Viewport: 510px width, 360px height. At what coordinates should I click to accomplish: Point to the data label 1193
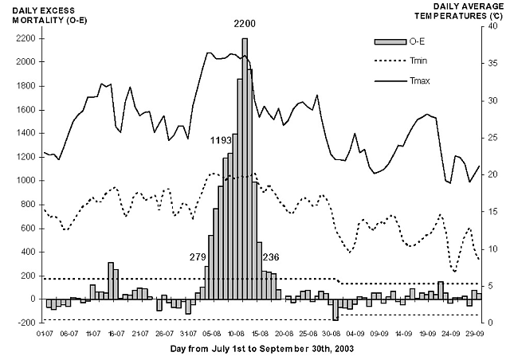click(x=221, y=140)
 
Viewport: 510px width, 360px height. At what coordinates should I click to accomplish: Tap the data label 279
click(x=198, y=256)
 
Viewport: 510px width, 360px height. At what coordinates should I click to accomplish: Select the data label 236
click(x=270, y=256)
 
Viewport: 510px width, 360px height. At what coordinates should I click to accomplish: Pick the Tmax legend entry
click(x=415, y=80)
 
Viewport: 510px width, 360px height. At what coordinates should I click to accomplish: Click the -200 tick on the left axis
click(x=28, y=323)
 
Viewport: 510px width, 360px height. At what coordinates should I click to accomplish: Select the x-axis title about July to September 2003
click(x=261, y=349)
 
